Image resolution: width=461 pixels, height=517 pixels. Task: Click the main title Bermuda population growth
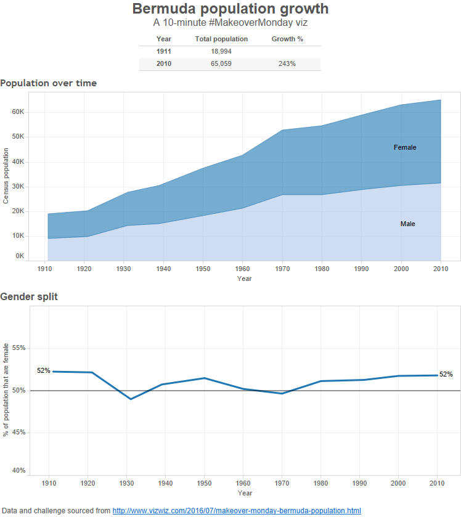point(230,9)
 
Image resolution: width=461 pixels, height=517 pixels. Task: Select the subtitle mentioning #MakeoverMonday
point(230,23)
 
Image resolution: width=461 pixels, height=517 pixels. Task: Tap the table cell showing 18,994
point(221,51)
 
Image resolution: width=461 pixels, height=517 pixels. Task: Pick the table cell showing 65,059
point(221,63)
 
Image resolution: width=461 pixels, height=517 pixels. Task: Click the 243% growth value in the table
point(287,63)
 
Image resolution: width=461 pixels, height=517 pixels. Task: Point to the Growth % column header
point(287,39)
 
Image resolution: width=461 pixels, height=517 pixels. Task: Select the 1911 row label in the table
point(164,51)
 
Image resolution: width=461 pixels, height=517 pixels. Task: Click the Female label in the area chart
point(405,147)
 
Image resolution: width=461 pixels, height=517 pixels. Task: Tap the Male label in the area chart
point(407,224)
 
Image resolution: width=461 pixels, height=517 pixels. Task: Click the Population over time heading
point(48,83)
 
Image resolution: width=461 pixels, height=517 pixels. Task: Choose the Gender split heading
point(29,297)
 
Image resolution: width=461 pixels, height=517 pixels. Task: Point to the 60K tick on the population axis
point(17,112)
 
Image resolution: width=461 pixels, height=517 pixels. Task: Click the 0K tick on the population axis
point(20,256)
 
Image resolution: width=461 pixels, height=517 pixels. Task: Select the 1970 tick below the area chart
point(282,269)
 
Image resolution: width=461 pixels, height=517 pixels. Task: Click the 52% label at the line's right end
point(446,374)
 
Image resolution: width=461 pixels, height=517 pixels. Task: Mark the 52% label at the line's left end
point(44,371)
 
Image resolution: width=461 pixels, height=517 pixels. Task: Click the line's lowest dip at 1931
point(131,399)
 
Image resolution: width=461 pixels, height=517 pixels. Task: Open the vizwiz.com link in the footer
point(237,510)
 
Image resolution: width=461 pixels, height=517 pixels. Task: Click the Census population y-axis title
point(6,176)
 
